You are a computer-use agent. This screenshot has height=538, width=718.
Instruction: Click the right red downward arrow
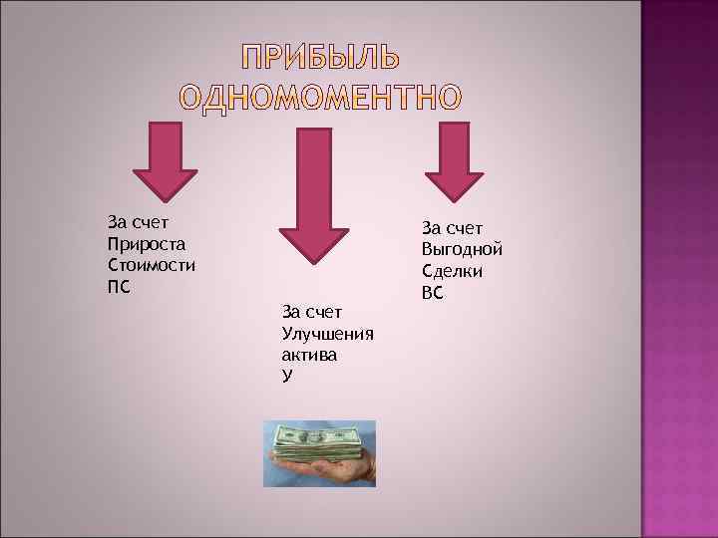(454, 159)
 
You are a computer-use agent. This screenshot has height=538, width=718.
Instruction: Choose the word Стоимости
(151, 266)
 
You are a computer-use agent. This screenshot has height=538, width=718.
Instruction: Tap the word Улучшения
(328, 334)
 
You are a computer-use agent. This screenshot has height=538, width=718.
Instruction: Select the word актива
(310, 355)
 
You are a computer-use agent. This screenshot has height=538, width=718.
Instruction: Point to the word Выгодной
(462, 249)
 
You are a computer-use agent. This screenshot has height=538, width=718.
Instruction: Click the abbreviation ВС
(434, 293)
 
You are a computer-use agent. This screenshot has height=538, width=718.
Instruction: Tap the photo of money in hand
(319, 453)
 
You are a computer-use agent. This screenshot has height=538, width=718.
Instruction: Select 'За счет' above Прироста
(137, 222)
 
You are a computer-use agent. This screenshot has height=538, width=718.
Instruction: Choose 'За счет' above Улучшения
(313, 312)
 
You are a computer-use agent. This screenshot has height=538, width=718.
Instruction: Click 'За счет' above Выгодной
(452, 227)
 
